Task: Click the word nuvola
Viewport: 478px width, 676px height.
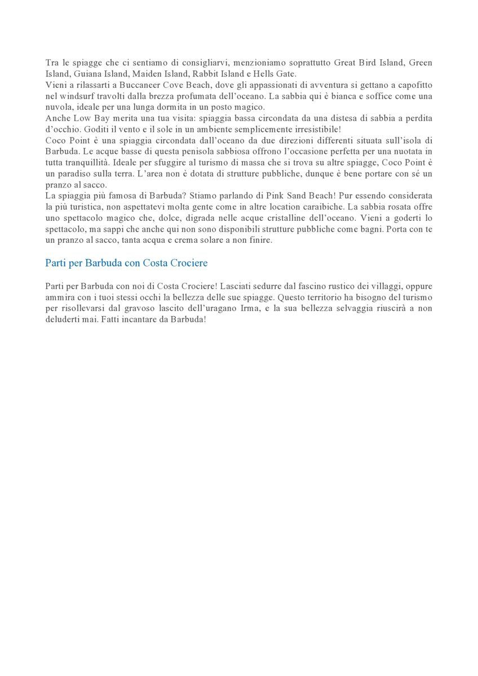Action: [57, 107]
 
